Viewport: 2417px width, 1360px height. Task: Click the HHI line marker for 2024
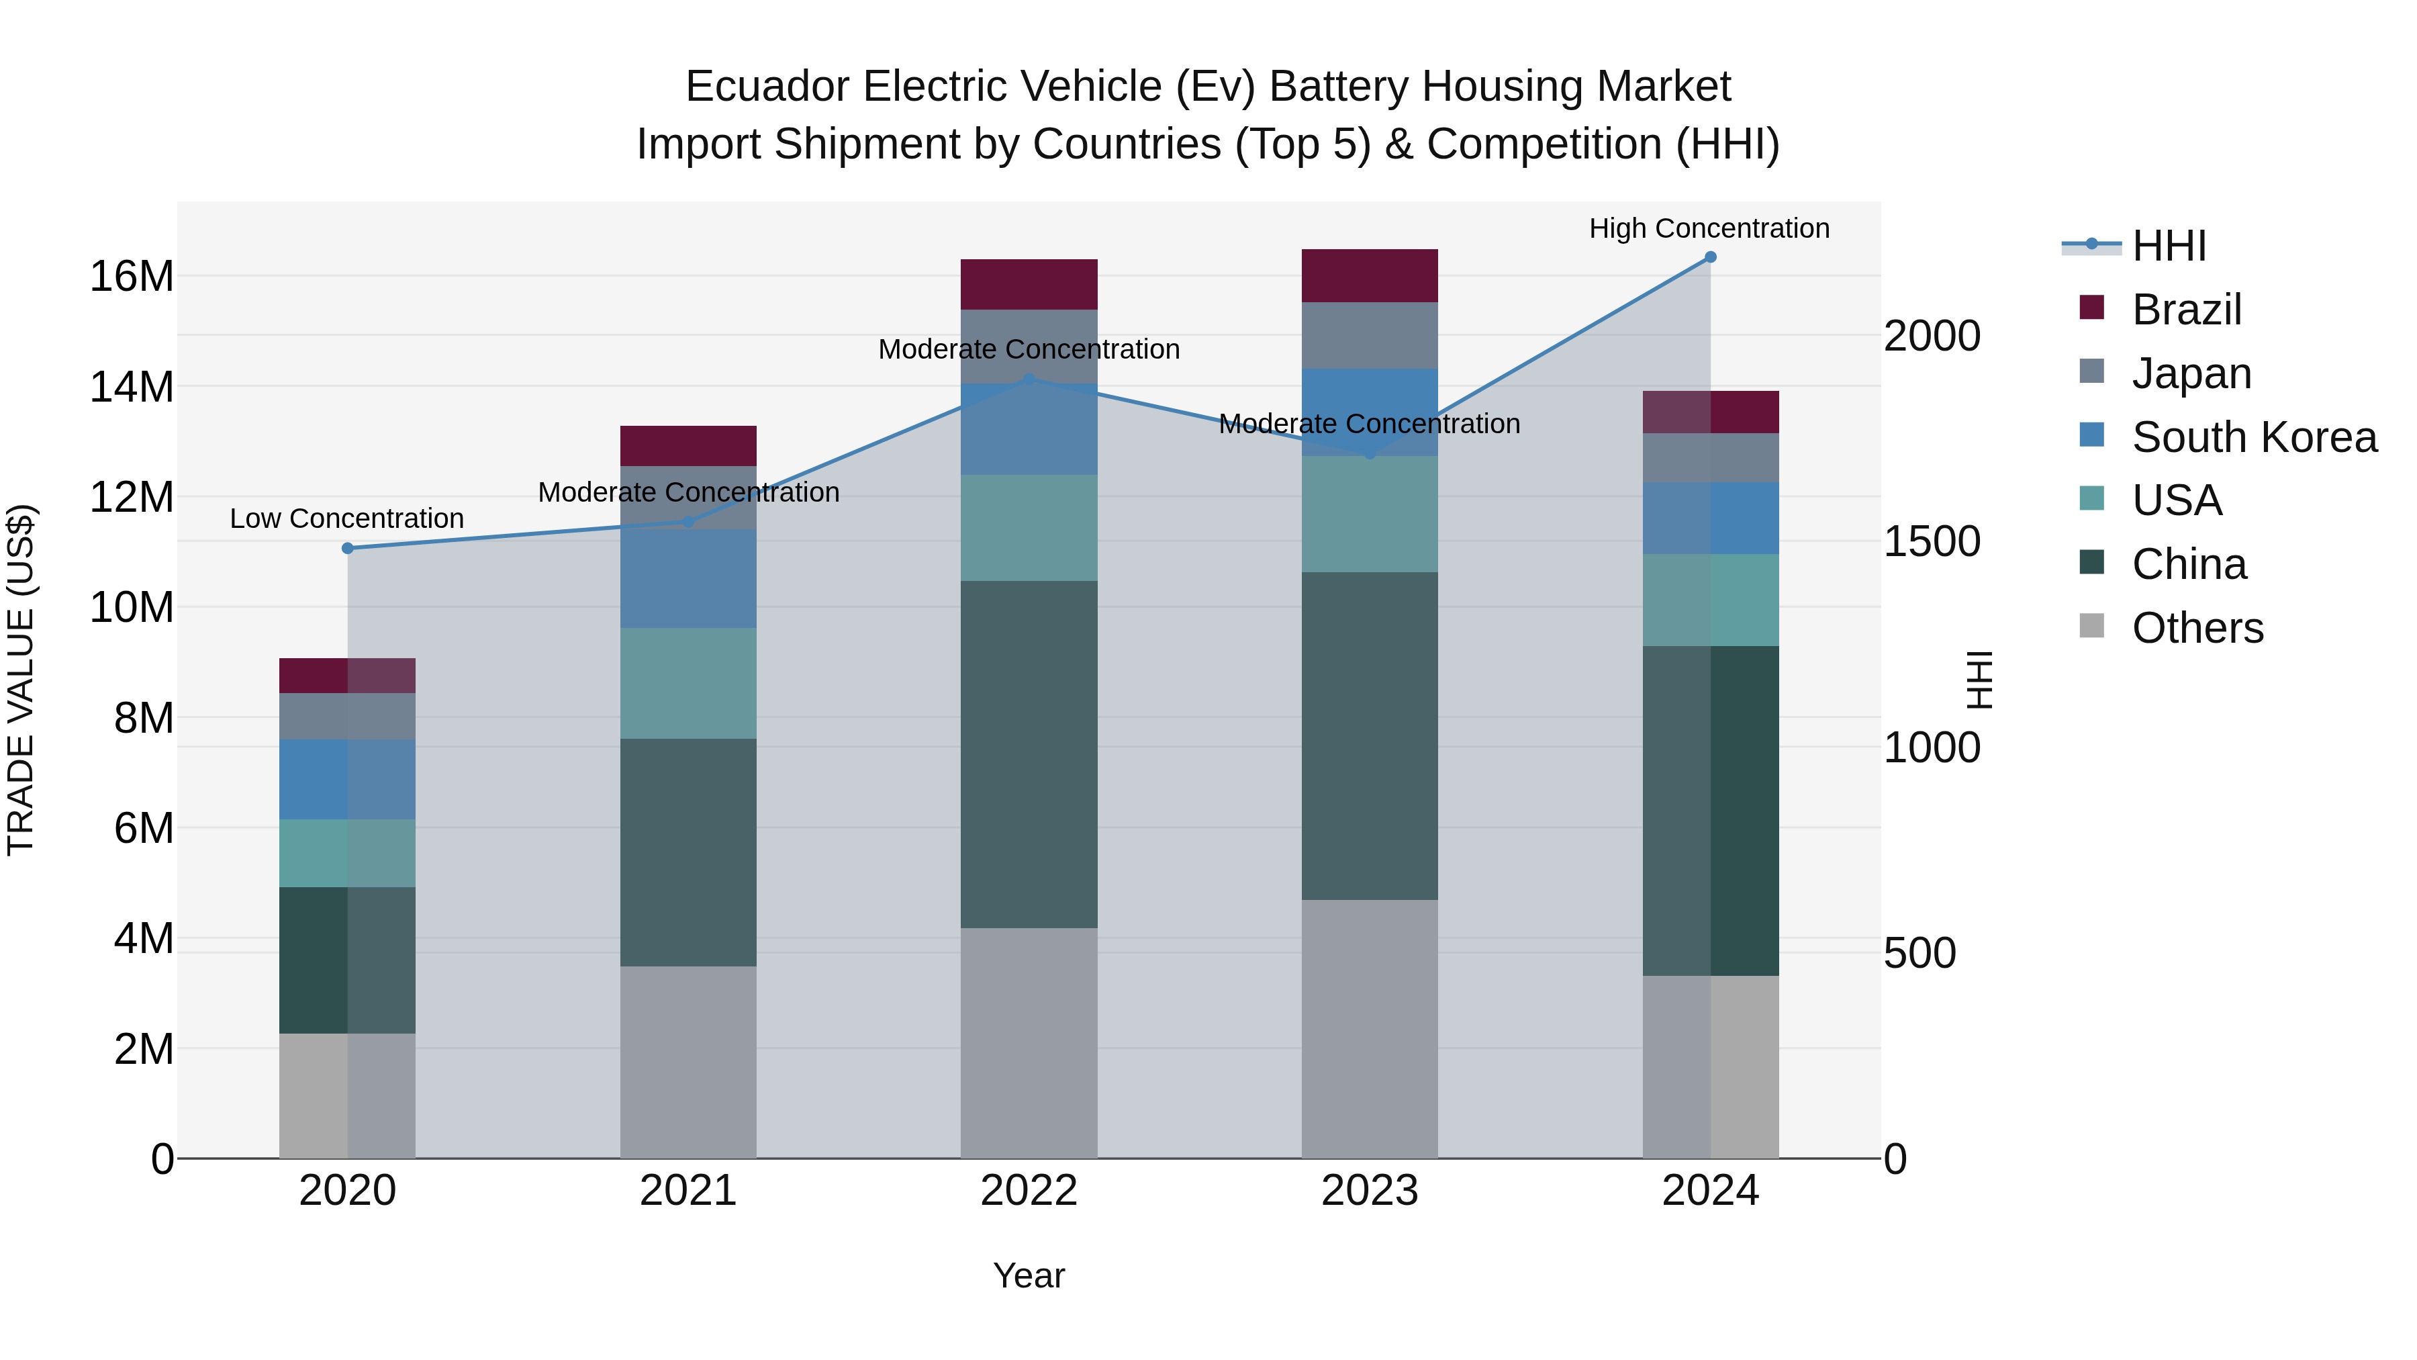1709,257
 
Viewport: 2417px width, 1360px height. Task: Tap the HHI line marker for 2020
347,548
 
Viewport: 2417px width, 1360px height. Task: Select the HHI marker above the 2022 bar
1029,379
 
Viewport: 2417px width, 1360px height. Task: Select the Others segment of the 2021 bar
688,1062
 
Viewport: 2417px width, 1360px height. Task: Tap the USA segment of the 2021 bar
688,682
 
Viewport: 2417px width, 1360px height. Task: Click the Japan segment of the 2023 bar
1369,335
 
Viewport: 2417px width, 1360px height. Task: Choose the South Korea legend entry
2254,437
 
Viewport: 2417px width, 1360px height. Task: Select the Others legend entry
2197,628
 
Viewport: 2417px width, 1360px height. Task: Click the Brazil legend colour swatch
2091,308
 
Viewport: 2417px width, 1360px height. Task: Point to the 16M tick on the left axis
132,277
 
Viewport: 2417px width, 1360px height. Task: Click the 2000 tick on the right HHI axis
1932,336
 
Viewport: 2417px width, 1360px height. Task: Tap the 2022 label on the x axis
1029,1191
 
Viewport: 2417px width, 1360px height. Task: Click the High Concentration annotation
1709,228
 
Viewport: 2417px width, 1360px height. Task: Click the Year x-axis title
1029,1275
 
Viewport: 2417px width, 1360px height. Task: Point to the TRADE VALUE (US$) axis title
21,680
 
